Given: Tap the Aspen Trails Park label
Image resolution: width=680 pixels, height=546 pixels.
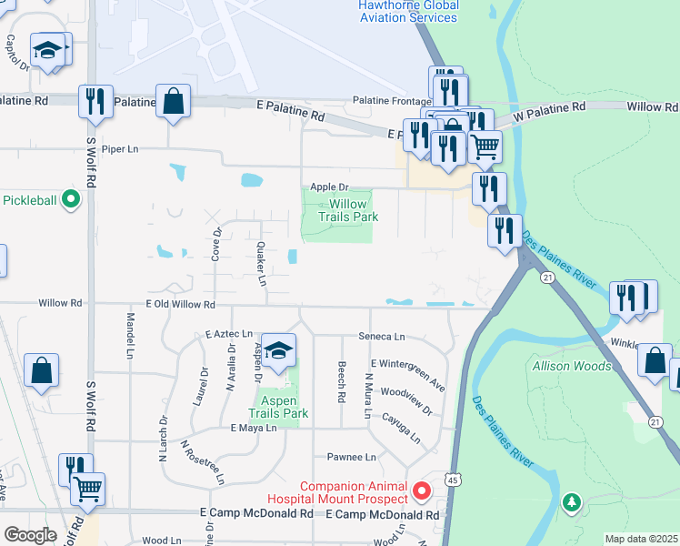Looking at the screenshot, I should pyautogui.click(x=279, y=406).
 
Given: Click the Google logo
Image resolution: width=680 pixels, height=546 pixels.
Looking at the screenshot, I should pyautogui.click(x=30, y=534).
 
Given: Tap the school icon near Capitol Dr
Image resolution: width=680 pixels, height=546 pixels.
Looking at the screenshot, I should pyautogui.click(x=49, y=51).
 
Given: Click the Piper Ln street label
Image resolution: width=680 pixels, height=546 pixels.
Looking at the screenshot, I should pyautogui.click(x=120, y=149).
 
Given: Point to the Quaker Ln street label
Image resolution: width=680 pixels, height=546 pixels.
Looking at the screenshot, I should pyautogui.click(x=261, y=263).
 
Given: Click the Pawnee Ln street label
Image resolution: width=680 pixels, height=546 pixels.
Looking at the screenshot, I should pyautogui.click(x=357, y=457).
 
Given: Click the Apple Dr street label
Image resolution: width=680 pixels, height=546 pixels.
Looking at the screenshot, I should pyautogui.click(x=329, y=187).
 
